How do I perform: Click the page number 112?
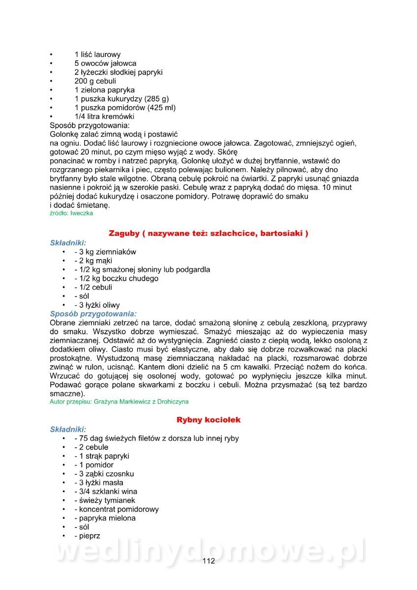click(208, 561)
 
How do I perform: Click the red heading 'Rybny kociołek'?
click(208, 420)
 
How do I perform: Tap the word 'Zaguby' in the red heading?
click(123, 233)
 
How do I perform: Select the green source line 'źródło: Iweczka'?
click(71, 213)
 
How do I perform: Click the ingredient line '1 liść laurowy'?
click(97, 55)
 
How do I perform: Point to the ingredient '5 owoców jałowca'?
click(105, 63)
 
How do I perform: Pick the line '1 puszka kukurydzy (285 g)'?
click(121, 99)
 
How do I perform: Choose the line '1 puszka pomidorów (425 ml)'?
click(125, 108)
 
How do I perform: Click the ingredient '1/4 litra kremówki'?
click(104, 117)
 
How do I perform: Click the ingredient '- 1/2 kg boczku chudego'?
click(116, 278)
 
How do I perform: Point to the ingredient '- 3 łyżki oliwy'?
click(97, 305)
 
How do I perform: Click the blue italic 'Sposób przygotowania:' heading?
click(93, 314)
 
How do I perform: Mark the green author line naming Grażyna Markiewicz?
click(119, 402)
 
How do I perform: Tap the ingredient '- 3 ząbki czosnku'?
click(104, 474)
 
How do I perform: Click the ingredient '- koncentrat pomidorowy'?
click(116, 509)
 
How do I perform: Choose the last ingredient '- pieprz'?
click(87, 536)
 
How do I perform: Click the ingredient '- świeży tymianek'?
click(104, 501)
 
